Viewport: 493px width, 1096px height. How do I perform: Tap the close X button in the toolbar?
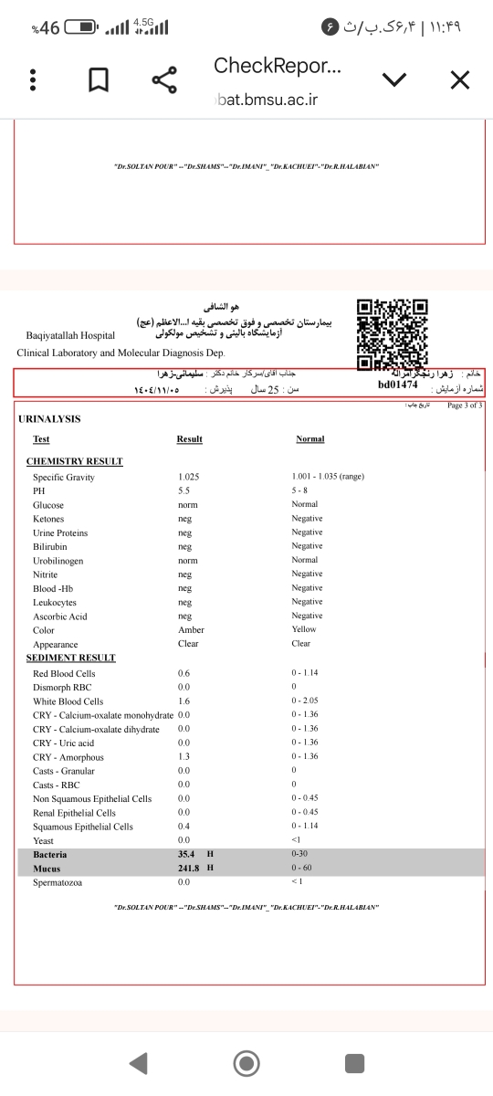point(460,81)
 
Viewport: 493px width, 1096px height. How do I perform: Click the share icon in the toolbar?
point(164,81)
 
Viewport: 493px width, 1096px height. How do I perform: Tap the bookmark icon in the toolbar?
point(99,81)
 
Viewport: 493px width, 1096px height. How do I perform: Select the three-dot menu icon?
point(33,81)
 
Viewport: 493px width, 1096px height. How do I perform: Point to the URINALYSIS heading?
point(49,419)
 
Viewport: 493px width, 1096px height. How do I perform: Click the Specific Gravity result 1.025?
point(189,478)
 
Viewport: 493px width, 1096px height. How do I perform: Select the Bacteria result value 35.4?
point(189,855)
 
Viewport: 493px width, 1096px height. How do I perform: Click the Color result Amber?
point(191,630)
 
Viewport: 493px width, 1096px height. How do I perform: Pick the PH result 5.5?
point(184,491)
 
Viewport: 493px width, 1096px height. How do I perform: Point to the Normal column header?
point(310,439)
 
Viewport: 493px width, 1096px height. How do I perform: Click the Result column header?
point(189,439)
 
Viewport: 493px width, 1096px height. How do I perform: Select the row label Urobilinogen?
point(58,561)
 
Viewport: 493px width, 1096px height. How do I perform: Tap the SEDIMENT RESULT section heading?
point(70,658)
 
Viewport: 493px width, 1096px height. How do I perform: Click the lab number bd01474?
point(397,385)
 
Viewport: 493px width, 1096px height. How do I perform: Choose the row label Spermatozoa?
point(57,882)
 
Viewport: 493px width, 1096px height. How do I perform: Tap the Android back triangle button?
point(138,1062)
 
